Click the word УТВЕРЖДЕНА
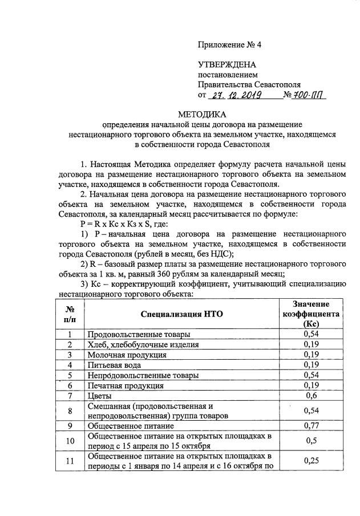click(x=226, y=65)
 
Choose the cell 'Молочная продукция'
click(x=127, y=355)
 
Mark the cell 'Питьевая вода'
click(x=116, y=365)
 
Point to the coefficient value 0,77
click(x=310, y=425)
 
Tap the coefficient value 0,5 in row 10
click(x=310, y=440)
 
